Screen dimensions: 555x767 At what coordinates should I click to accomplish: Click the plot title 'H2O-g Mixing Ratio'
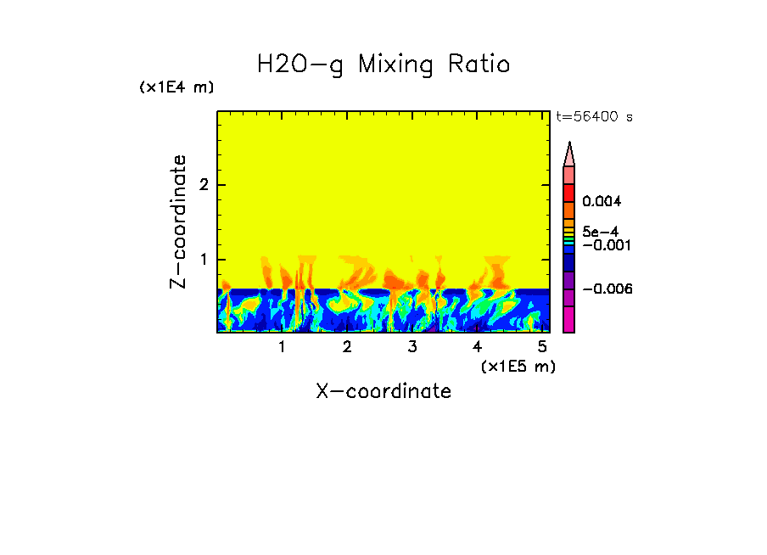383,64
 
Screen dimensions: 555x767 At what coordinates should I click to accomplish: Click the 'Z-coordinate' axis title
178,221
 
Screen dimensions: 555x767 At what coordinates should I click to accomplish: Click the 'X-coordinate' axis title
383,391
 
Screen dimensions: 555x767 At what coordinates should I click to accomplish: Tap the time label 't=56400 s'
594,117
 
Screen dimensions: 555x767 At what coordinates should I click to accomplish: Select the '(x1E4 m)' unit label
176,87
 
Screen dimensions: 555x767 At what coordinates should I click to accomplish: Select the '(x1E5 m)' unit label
518,366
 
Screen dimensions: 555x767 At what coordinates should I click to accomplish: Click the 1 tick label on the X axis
282,347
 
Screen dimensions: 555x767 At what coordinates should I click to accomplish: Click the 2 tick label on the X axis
347,347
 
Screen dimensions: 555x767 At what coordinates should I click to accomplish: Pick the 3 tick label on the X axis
412,347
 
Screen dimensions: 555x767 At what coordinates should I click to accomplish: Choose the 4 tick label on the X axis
477,347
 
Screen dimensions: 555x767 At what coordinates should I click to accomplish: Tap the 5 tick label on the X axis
542,347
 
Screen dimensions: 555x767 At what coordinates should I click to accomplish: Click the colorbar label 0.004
602,202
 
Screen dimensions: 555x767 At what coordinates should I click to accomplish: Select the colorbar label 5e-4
600,232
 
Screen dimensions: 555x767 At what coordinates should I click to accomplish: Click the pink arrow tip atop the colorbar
569,154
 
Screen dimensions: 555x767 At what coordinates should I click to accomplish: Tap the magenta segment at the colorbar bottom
569,319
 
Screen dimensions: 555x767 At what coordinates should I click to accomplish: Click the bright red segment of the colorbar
569,192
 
